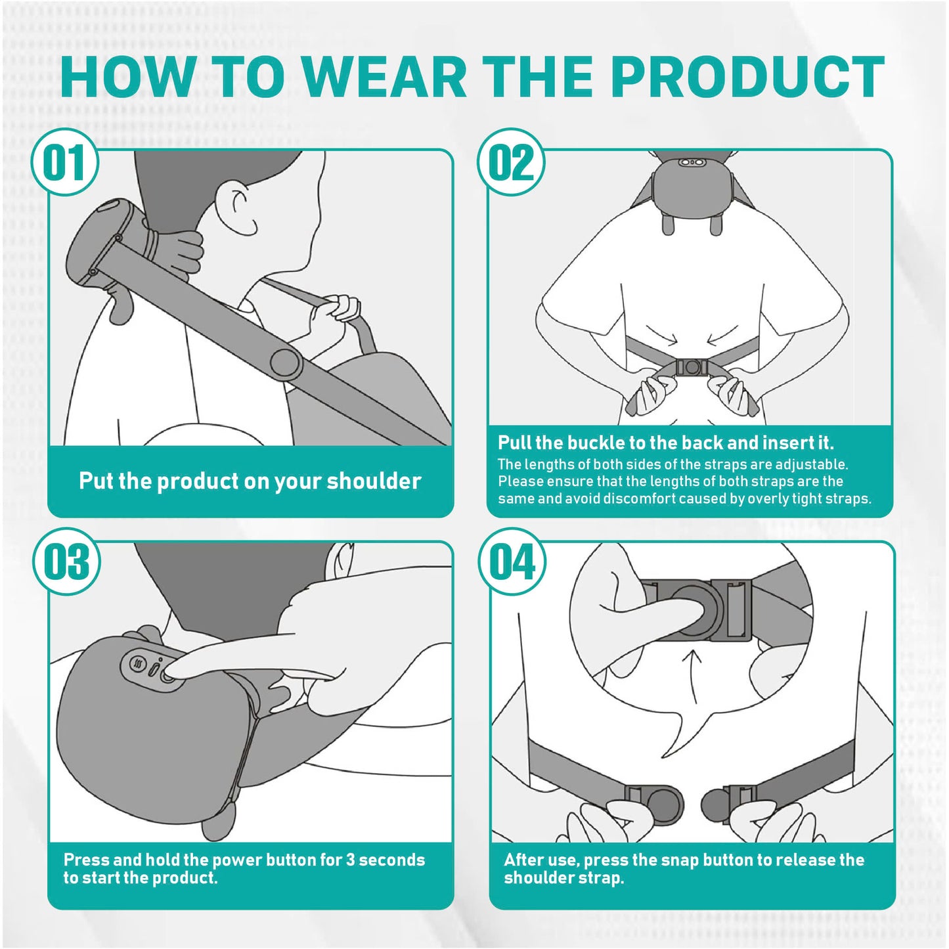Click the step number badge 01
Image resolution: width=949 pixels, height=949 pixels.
click(x=64, y=162)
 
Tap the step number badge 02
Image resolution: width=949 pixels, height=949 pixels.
click(x=510, y=162)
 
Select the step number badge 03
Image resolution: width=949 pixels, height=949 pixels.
click(x=66, y=562)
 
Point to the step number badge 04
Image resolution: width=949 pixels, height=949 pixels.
click(x=512, y=562)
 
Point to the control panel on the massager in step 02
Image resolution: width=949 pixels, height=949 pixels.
click(x=691, y=162)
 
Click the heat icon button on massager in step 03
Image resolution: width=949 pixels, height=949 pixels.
click(x=137, y=663)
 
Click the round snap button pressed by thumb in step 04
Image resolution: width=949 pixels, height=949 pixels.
click(x=696, y=609)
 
